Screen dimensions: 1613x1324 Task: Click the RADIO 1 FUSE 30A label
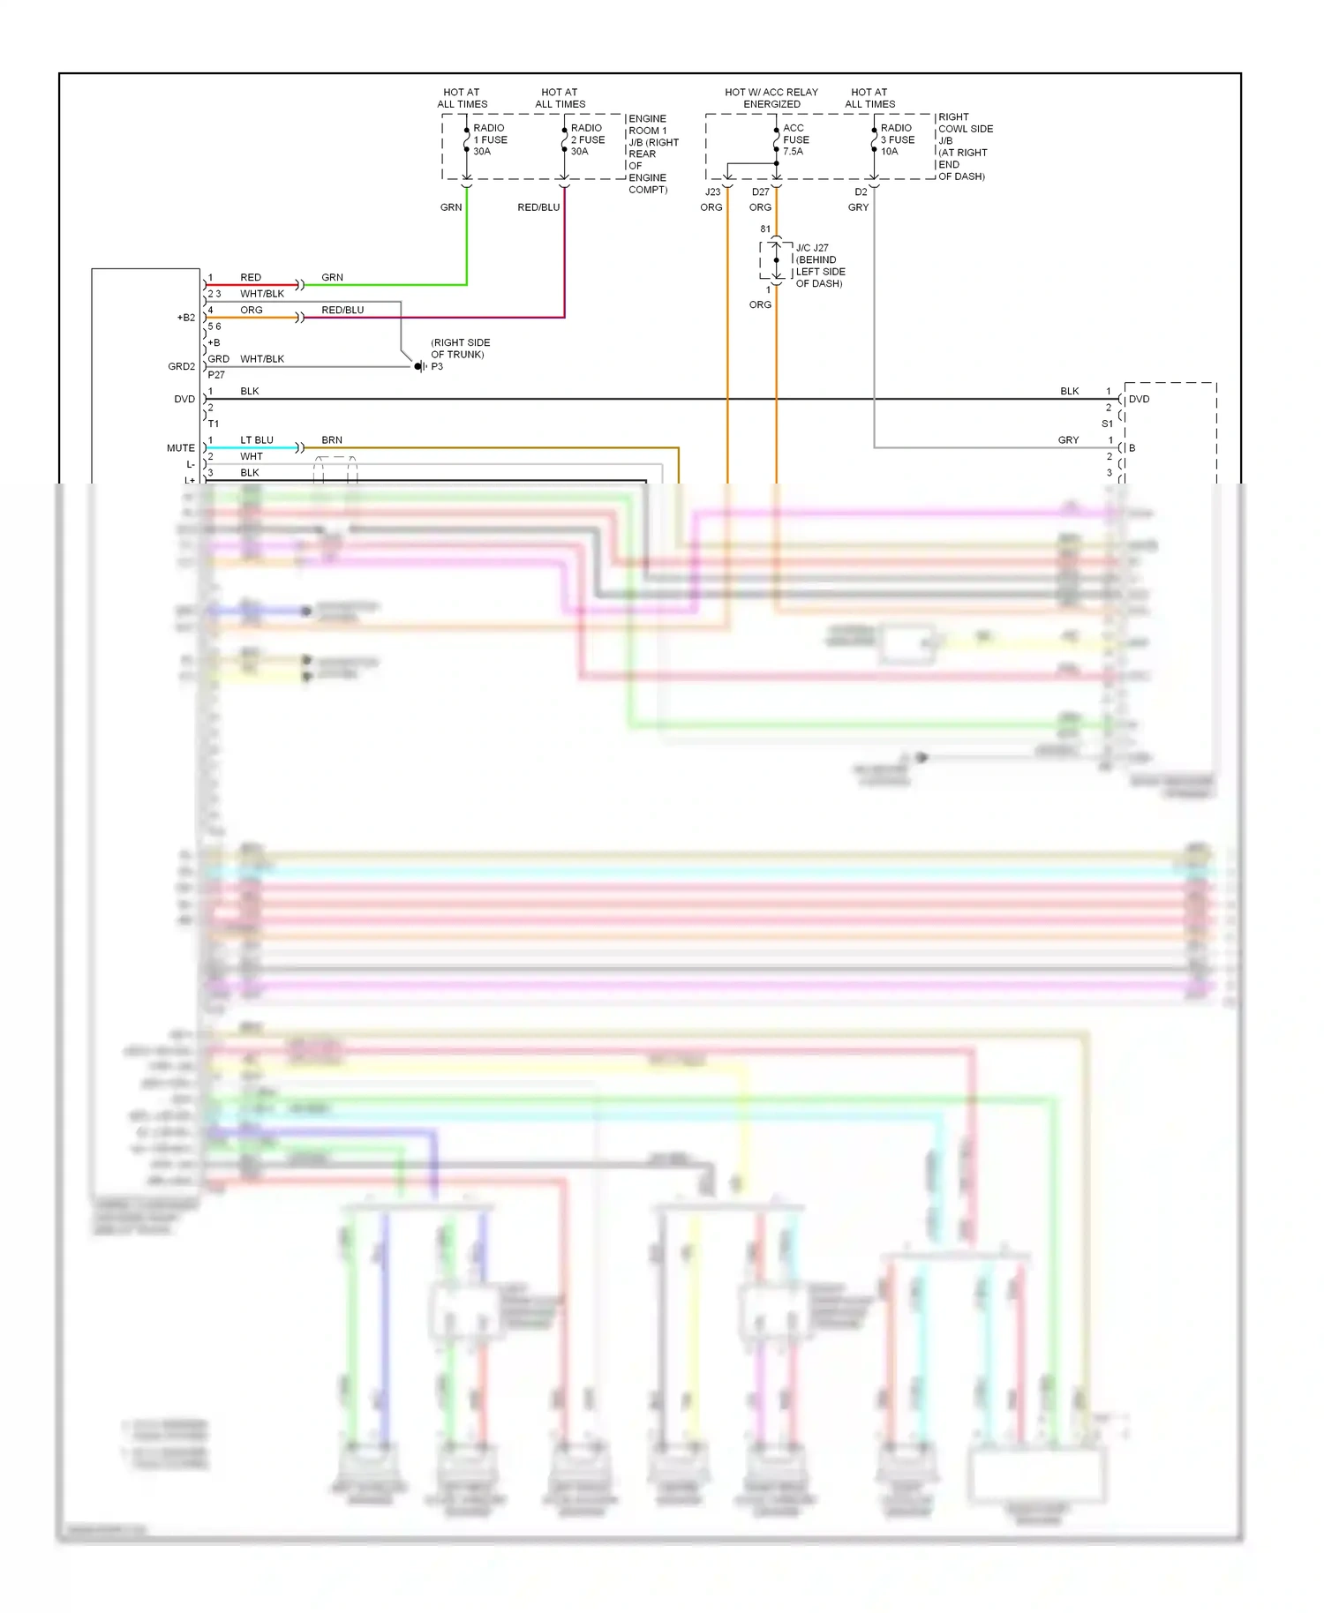(490, 139)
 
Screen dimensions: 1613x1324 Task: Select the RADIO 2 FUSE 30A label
(587, 139)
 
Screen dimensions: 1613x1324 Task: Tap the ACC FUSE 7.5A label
(795, 139)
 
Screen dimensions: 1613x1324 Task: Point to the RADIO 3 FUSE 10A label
(897, 139)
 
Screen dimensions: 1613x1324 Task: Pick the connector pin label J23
(712, 191)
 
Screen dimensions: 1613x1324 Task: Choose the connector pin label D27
(760, 191)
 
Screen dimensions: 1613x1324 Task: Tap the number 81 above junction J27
(765, 229)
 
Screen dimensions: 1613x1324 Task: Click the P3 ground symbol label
(437, 366)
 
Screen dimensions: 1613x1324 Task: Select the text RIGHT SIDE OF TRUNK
(460, 349)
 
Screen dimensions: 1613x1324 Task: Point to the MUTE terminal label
(181, 448)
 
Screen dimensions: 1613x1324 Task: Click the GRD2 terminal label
(181, 366)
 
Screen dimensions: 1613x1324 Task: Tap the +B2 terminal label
(186, 318)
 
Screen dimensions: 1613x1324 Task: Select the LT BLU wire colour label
(257, 439)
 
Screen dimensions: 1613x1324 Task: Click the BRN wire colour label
(332, 439)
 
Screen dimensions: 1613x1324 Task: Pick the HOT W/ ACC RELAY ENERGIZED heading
(771, 98)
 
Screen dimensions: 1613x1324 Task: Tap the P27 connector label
(216, 375)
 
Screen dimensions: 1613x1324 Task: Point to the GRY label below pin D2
(858, 207)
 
